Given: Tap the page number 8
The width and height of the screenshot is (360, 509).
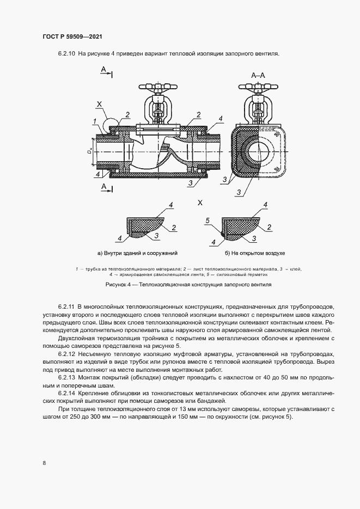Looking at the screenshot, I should (x=44, y=463).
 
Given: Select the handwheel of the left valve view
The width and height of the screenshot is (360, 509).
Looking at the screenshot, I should (x=156, y=87).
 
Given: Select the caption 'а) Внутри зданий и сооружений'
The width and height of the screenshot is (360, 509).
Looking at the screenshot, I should (x=137, y=253).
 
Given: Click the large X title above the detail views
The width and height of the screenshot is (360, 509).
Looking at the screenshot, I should (x=200, y=202).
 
